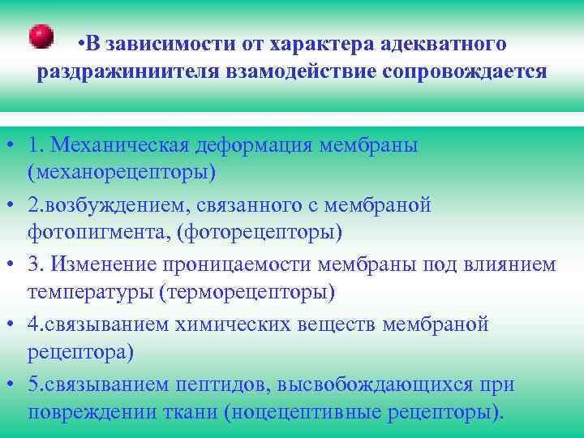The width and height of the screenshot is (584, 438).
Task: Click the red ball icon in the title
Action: point(41,36)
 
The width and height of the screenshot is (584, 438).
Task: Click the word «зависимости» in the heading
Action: point(170,41)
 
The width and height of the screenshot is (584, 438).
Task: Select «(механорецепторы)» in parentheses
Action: point(122,172)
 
